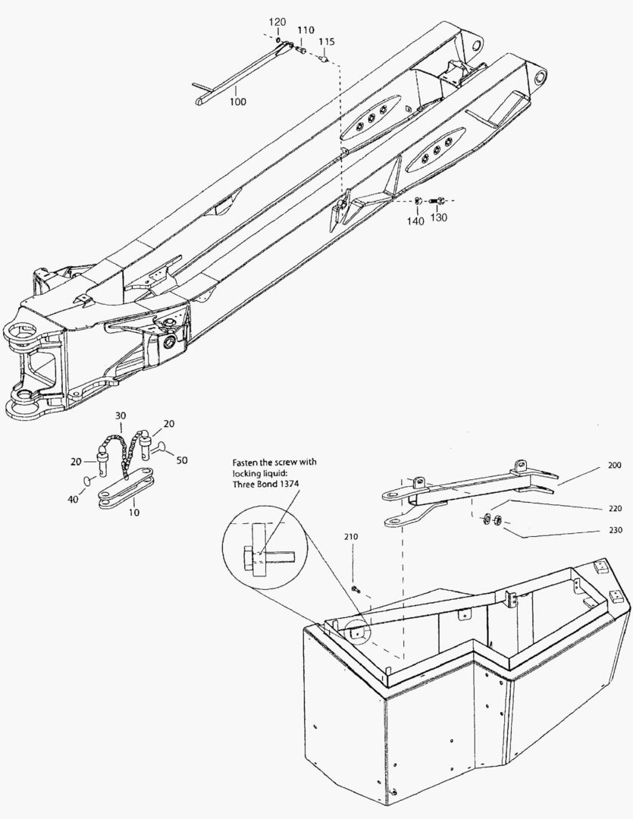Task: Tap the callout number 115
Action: tap(326, 41)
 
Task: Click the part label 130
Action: tap(439, 218)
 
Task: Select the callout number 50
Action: tap(182, 460)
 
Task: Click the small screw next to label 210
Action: tap(356, 588)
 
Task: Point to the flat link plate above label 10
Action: tap(127, 489)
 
